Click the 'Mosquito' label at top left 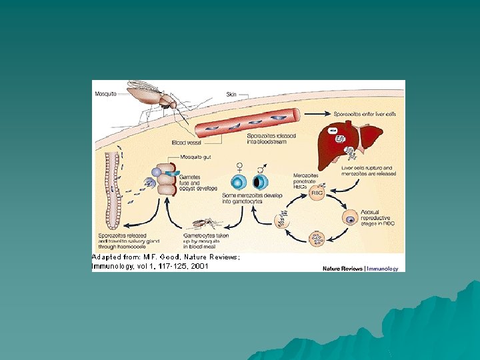tap(106, 94)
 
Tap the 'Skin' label tap(232, 94)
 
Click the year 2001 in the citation tap(197, 266)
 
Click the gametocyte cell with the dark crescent tap(260, 182)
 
